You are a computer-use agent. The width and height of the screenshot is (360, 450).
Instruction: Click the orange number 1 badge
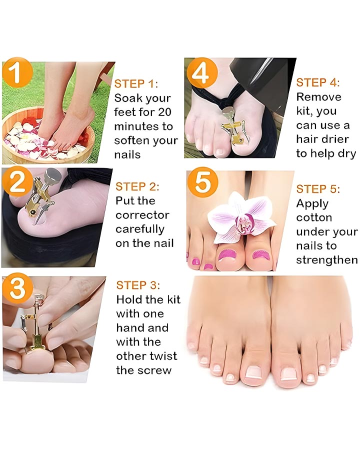(x=16, y=72)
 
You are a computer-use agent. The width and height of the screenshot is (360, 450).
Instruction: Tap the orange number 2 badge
(x=16, y=181)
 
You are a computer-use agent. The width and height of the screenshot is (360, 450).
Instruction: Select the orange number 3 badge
(x=17, y=288)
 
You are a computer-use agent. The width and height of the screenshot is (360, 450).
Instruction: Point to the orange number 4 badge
(x=202, y=72)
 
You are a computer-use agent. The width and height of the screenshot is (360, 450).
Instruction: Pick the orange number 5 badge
(x=202, y=182)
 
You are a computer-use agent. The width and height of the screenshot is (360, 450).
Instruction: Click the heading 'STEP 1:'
(x=136, y=84)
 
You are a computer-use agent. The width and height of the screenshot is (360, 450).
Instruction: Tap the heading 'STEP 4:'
(x=318, y=82)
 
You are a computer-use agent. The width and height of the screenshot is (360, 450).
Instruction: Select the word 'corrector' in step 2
(x=142, y=215)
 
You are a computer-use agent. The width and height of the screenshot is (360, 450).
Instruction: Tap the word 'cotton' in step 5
(x=314, y=217)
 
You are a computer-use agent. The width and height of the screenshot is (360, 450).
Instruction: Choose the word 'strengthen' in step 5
(x=327, y=260)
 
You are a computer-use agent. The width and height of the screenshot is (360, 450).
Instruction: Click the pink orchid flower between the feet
(x=241, y=218)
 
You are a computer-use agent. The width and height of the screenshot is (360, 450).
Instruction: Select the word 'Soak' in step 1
(x=126, y=98)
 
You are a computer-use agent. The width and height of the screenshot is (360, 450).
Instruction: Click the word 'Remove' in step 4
(x=318, y=97)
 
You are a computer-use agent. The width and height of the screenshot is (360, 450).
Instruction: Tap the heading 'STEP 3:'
(x=138, y=285)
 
